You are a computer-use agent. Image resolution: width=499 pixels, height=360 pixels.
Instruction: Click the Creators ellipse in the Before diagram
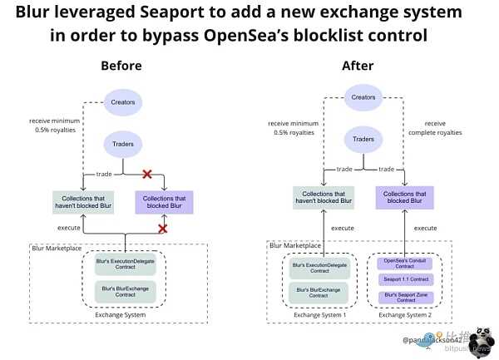coord(123,103)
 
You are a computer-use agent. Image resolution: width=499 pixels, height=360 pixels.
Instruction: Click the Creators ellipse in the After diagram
coord(363,97)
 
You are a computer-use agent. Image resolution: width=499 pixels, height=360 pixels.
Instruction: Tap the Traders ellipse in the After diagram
coord(363,141)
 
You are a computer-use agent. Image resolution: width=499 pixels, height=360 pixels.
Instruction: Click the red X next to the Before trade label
coord(147,174)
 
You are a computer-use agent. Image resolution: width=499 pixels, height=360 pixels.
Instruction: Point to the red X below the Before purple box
coord(162,228)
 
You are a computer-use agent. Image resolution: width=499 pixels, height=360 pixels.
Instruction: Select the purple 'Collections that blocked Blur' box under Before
coord(163,201)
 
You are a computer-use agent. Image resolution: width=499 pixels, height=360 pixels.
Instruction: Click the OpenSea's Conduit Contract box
coord(405,263)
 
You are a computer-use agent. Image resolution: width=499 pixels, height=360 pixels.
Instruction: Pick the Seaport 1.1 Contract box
coord(405,279)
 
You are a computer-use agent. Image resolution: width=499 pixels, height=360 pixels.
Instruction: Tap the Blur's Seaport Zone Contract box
coord(405,297)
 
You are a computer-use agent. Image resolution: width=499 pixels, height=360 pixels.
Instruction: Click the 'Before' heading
coord(121,66)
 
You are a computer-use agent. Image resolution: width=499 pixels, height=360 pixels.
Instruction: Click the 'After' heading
coord(358,66)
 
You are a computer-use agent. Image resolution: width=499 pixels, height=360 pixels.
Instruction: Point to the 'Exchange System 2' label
coord(405,315)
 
